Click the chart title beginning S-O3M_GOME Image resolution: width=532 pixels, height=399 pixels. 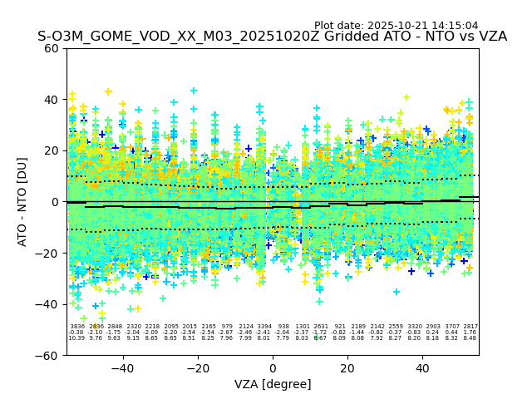(272, 37)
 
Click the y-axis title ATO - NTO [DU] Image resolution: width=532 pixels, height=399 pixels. (22, 202)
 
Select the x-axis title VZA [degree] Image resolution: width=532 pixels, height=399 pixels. (273, 384)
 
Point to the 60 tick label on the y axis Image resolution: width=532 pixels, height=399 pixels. (52, 48)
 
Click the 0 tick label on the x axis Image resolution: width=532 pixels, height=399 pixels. (273, 368)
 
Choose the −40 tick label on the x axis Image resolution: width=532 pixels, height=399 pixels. (122, 368)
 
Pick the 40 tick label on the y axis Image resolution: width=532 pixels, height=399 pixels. (52, 100)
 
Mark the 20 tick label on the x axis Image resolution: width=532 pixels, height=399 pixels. (347, 368)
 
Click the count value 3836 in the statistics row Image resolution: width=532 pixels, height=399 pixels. (77, 327)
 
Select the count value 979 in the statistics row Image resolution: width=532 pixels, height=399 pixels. (227, 327)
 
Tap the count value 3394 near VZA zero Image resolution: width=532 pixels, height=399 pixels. (264, 327)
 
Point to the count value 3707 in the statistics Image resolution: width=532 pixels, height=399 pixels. (451, 327)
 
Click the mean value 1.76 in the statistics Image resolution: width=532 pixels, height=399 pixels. (470, 332)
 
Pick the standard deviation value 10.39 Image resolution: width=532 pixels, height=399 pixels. (76, 338)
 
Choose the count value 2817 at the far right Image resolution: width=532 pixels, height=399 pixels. (470, 327)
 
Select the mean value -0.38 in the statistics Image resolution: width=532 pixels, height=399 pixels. (76, 332)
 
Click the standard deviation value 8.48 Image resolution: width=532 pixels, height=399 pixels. (470, 338)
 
